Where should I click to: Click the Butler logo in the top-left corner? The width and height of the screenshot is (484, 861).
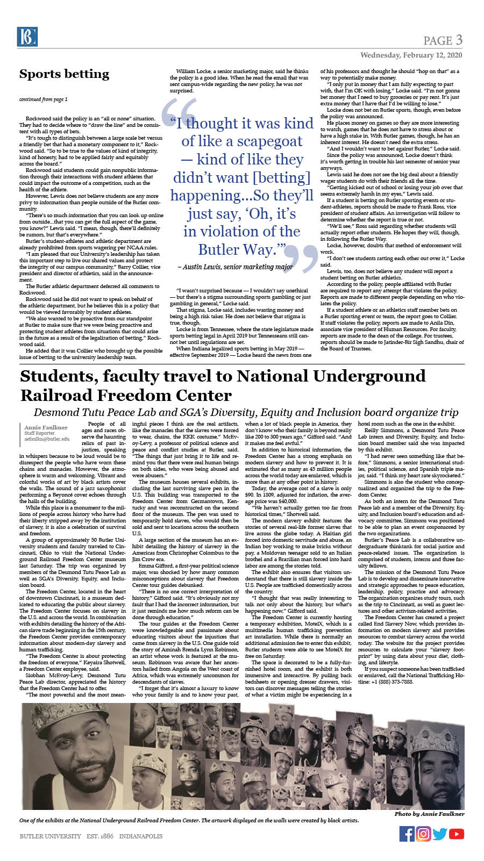click(27, 37)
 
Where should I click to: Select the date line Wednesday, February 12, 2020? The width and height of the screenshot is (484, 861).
click(411, 55)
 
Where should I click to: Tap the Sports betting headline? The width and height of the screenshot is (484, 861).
click(64, 74)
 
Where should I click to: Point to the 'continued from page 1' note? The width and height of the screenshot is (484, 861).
click(43, 99)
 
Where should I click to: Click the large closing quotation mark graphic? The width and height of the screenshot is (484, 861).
click(301, 257)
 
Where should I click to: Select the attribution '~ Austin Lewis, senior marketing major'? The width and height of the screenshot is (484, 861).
click(235, 267)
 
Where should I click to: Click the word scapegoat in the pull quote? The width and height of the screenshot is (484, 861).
click(269, 141)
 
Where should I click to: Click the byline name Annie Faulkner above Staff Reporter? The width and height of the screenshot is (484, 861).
click(46, 427)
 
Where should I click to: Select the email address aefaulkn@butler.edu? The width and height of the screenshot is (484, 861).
click(47, 439)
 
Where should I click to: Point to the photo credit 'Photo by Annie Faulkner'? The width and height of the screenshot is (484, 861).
click(429, 814)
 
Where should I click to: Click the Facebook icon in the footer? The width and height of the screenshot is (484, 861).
click(407, 834)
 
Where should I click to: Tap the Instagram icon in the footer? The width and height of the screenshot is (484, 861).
click(423, 834)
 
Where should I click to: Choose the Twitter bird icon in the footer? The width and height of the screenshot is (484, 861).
click(440, 834)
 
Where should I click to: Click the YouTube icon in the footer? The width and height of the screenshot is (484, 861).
click(456, 834)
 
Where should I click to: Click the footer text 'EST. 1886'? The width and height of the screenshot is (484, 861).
click(100, 836)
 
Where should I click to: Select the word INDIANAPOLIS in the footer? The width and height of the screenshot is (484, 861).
click(140, 836)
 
